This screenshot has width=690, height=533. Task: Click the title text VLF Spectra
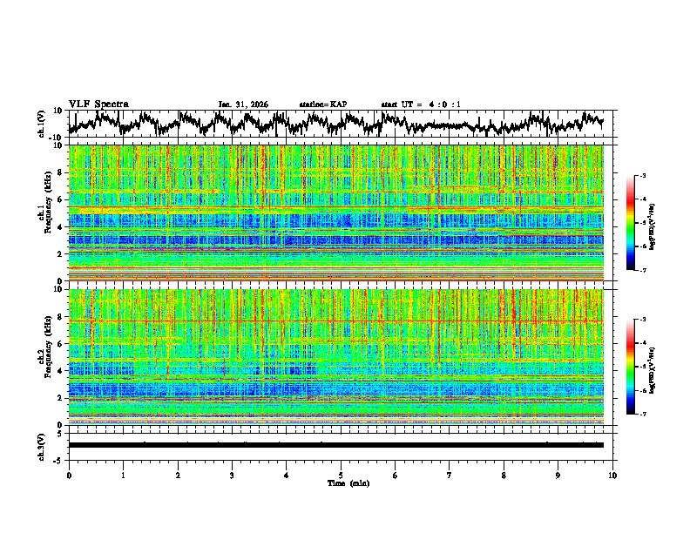[x=98, y=104]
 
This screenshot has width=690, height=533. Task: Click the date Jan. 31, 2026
[x=243, y=105]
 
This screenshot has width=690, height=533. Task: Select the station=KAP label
[x=323, y=105]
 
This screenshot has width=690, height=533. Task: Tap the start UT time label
[x=421, y=105]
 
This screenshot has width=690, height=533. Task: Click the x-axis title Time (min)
[x=348, y=482]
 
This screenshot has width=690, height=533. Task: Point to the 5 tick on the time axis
[x=341, y=476]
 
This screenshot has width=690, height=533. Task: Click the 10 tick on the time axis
[x=612, y=476]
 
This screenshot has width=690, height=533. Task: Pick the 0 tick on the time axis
[x=69, y=476]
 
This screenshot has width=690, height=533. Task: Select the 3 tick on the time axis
[x=232, y=476]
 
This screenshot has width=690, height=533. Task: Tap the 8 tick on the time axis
[x=504, y=476]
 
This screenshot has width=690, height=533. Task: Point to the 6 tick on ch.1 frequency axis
[x=62, y=199]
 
